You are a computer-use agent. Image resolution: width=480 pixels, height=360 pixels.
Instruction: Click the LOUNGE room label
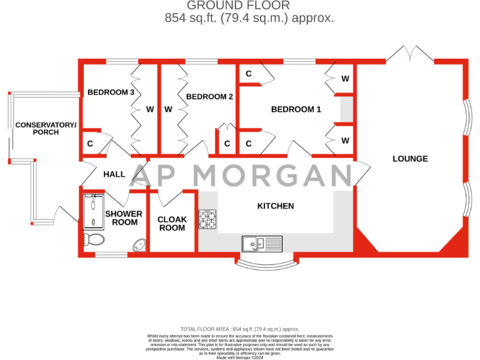[410, 159]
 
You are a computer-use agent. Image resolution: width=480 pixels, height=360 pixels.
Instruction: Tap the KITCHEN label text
[276, 206]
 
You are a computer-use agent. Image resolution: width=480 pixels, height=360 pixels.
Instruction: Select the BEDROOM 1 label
[296, 109]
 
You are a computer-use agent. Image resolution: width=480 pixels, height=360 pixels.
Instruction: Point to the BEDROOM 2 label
[209, 97]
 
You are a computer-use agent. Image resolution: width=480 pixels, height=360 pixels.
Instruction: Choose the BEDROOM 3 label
[111, 92]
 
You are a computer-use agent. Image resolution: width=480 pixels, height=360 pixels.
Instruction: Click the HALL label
[114, 174]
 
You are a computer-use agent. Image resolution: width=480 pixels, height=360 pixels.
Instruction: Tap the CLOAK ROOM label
[172, 224]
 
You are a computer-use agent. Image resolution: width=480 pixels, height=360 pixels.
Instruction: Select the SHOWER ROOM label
[123, 218]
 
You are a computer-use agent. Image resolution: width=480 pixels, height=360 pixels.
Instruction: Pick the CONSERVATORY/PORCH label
[46, 129]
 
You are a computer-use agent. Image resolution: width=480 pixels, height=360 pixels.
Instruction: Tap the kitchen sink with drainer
[262, 242]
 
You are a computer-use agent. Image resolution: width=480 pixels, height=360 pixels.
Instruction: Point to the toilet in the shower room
[95, 238]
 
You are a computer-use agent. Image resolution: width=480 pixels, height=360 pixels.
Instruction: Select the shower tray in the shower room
[95, 210]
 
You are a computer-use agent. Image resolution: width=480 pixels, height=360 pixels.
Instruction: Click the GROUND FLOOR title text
[249, 6]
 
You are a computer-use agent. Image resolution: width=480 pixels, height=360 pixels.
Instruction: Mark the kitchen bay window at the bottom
[264, 262]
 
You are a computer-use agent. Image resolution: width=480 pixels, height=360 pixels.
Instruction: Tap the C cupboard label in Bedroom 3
[91, 144]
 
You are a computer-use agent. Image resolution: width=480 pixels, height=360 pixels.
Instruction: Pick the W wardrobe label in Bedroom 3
[150, 109]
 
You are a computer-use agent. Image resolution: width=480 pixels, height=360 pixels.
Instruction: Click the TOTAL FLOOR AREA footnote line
[239, 329]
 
